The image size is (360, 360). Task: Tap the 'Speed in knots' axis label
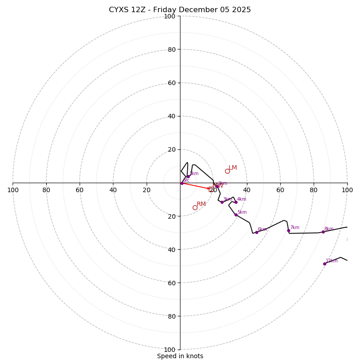pyautogui.click(x=180, y=356)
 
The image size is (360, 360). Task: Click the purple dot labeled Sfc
pyautogui.click(x=182, y=183)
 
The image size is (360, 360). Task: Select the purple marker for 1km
pyautogui.click(x=188, y=176)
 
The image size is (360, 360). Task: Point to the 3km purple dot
pyautogui.click(x=222, y=202)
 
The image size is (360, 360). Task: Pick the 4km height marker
pyautogui.click(x=236, y=202)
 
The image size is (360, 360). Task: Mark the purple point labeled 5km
pyautogui.click(x=236, y=215)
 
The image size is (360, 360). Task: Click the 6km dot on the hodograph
pyautogui.click(x=256, y=232)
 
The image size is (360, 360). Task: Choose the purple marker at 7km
pyautogui.click(x=288, y=230)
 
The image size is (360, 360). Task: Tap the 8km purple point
pyautogui.click(x=323, y=232)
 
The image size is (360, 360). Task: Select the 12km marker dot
pyautogui.click(x=324, y=264)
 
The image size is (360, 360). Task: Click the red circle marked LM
pyautogui.click(x=227, y=171)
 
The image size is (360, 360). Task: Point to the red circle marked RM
pyautogui.click(x=195, y=207)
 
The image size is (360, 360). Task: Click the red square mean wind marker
pyautogui.click(x=211, y=189)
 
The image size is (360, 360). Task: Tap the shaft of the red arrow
pyautogui.click(x=196, y=186)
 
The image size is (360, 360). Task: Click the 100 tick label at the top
pyautogui.click(x=170, y=17)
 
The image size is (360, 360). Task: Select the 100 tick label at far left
pyautogui.click(x=13, y=190)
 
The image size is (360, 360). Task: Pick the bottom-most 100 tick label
pyautogui.click(x=170, y=350)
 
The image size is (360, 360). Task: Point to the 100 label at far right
pyautogui.click(x=347, y=190)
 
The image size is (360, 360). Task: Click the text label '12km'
pyautogui.click(x=332, y=261)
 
